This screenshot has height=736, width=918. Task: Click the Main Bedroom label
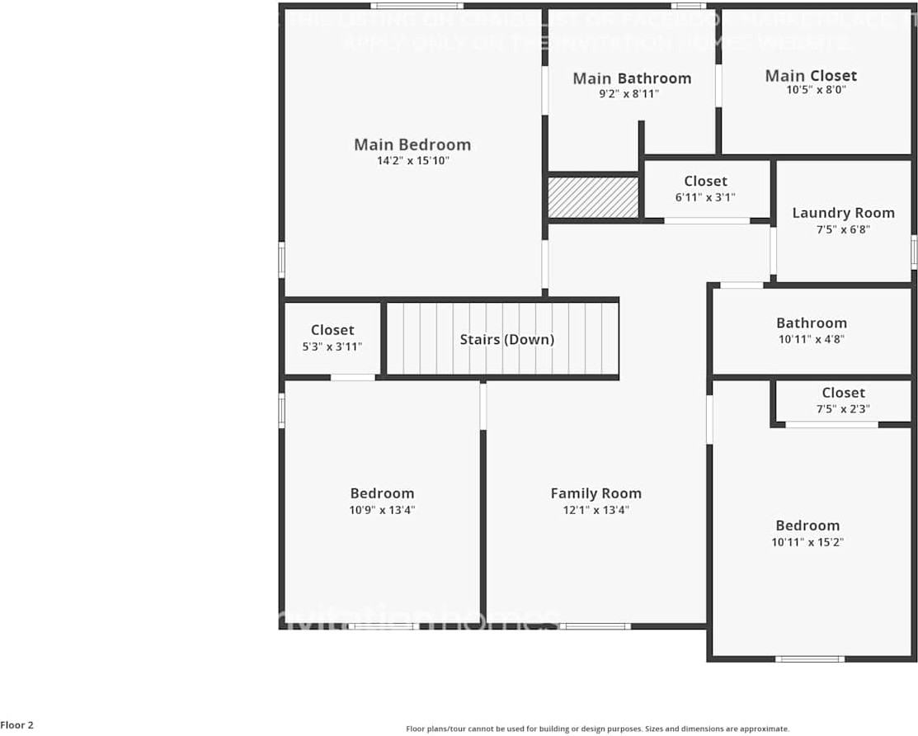pos(412,145)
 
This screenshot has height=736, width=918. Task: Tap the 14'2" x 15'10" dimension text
pos(412,162)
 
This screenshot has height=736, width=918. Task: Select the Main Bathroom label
pos(632,78)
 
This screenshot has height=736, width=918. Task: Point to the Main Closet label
pos(811,76)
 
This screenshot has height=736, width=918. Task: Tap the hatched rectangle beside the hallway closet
pos(593,198)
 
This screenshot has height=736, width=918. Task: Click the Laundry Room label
pos(843,213)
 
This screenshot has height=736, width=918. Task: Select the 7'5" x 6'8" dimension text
pos(843,229)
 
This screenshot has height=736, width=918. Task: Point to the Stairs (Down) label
pos(506,339)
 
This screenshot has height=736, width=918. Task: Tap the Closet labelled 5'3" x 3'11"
pos(332,330)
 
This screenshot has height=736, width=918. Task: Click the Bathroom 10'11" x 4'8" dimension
pos(811,338)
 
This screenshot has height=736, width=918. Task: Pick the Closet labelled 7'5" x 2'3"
pos(843,393)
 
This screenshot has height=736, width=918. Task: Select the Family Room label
pos(596,493)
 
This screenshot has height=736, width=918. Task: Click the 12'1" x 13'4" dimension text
pos(596,510)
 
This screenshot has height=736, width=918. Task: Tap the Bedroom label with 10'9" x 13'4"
pos(382,493)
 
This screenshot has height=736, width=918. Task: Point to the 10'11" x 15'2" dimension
pos(807,542)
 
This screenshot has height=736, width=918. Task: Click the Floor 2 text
pos(17,725)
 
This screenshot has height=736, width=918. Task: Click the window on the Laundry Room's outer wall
pos(914,252)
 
